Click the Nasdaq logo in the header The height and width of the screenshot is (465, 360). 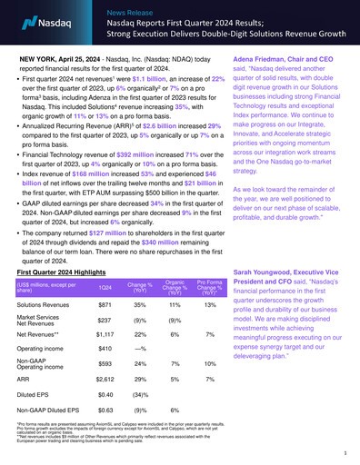[x=35, y=17]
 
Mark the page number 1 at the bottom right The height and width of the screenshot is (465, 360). [x=346, y=451]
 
